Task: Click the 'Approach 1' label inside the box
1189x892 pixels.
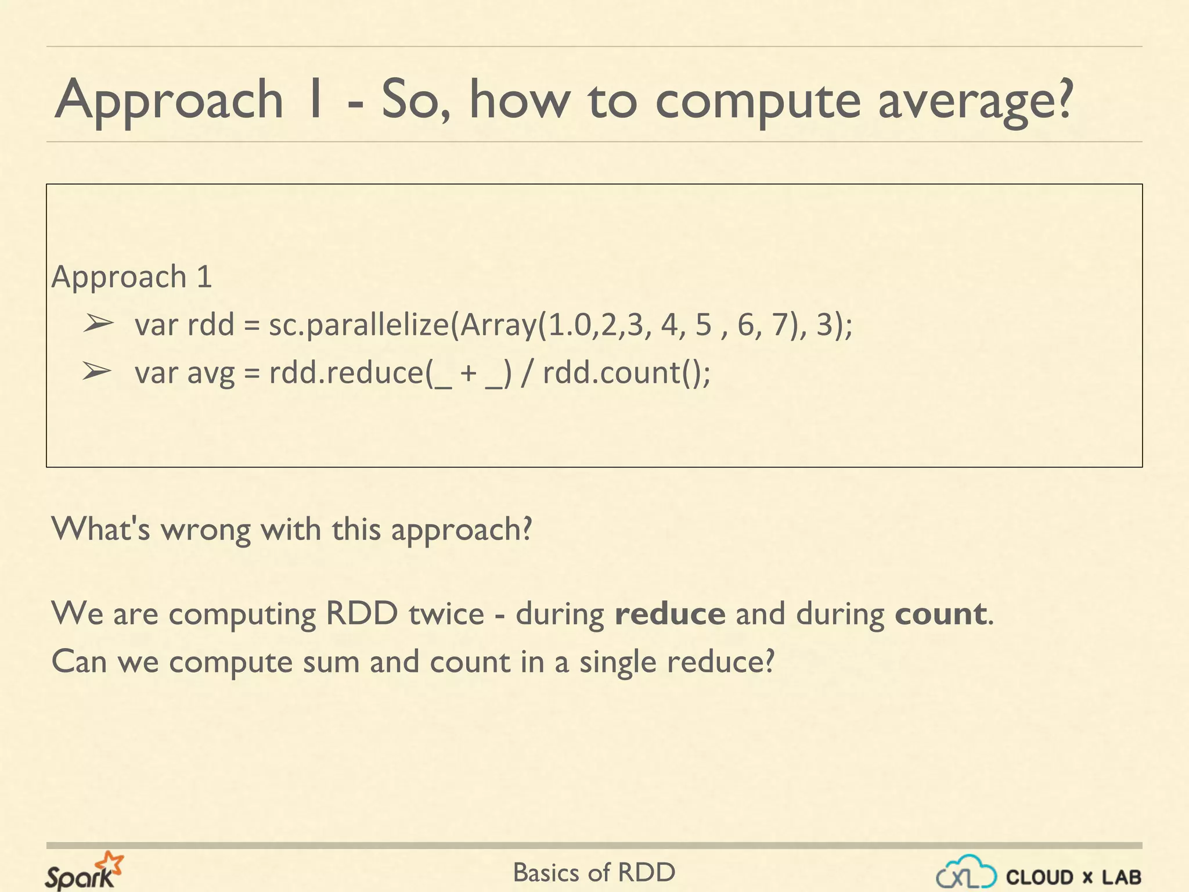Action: [x=132, y=276]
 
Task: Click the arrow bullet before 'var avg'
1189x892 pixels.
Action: [x=96, y=371]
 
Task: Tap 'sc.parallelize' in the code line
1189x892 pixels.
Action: [x=359, y=325]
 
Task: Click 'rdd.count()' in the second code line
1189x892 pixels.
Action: [x=626, y=372]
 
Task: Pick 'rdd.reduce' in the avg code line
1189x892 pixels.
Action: [x=347, y=372]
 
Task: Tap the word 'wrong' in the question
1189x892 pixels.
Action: [x=206, y=529]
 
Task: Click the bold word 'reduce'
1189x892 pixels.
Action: [x=670, y=614]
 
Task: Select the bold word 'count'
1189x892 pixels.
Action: [x=939, y=614]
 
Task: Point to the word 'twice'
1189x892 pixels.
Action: [x=446, y=614]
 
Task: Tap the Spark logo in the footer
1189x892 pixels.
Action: [x=84, y=871]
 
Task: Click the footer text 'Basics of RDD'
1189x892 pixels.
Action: [x=594, y=872]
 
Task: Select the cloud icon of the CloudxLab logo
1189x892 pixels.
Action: [x=966, y=872]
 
